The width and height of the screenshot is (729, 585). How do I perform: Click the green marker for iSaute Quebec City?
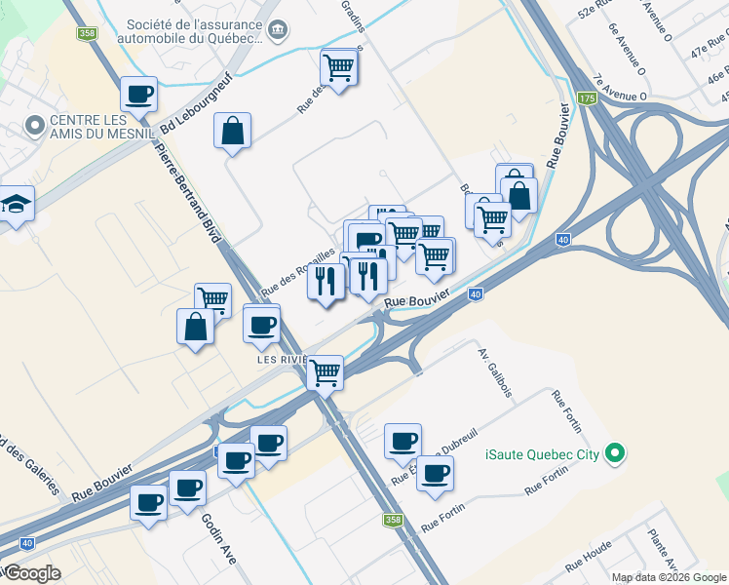click(x=614, y=453)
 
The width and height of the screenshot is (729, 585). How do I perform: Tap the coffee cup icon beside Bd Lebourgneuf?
click(x=139, y=94)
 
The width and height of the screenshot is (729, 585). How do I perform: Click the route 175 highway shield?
click(x=586, y=99)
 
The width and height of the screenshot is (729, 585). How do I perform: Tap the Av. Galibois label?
click(x=495, y=370)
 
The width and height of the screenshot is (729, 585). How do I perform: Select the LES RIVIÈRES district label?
click(x=283, y=359)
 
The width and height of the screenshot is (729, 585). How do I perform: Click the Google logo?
click(x=31, y=573)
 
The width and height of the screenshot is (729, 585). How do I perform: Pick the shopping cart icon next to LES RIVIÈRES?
click(x=326, y=371)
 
